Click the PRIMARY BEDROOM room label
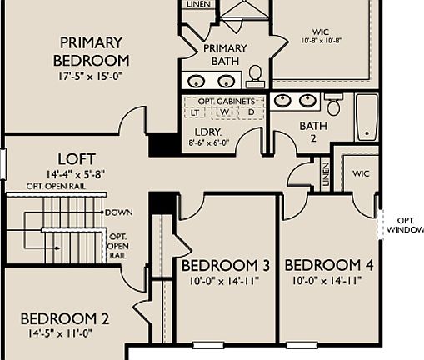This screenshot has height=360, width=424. [x=91, y=51]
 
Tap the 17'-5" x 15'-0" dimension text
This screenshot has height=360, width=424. [x=91, y=76]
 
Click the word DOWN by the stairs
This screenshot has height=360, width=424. [x=120, y=212]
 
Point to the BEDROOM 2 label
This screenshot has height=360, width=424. [x=64, y=317]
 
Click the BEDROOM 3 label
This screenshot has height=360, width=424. [x=226, y=265]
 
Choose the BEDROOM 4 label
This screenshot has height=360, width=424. [x=328, y=265]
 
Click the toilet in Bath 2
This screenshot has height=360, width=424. [x=333, y=104]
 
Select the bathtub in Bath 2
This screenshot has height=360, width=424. [x=367, y=117]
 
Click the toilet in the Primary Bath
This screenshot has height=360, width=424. [x=255, y=77]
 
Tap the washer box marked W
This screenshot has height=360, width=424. [x=224, y=112]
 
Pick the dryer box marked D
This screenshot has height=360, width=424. [x=251, y=112]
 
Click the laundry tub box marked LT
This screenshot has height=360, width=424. [x=197, y=112]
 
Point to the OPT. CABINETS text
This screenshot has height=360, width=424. [x=224, y=99]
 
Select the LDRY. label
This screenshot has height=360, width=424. [x=209, y=132]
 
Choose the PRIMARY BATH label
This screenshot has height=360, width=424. [x=225, y=54]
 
